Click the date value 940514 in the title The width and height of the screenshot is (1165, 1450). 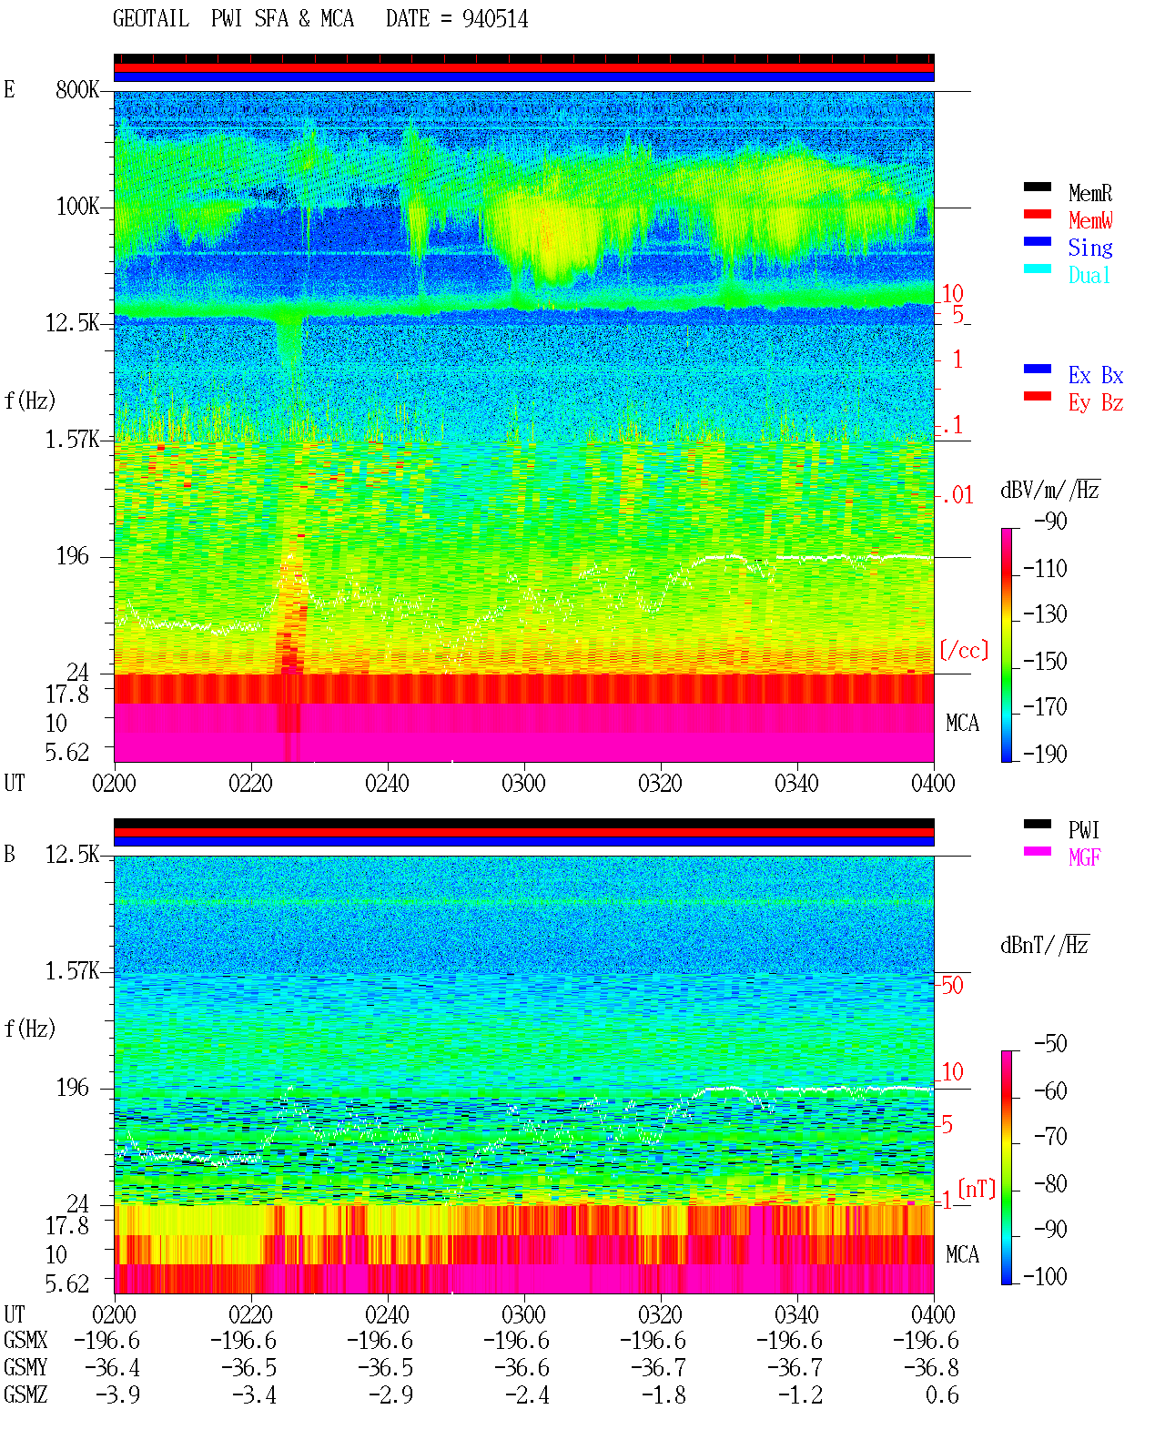pyautogui.click(x=494, y=19)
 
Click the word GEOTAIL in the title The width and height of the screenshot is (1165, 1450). pyautogui.click(x=151, y=19)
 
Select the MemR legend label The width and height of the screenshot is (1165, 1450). pyautogui.click(x=1090, y=193)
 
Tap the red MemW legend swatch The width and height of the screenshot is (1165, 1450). pyautogui.click(x=1037, y=214)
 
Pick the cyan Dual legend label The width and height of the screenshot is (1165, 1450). pyautogui.click(x=1089, y=275)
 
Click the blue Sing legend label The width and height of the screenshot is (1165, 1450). pyautogui.click(x=1090, y=248)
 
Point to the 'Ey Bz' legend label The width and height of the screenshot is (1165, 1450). pyautogui.click(x=1096, y=402)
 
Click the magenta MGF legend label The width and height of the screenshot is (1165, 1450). pyautogui.click(x=1085, y=857)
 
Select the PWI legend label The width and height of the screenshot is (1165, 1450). pyautogui.click(x=1083, y=829)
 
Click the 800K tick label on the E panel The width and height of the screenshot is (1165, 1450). pyautogui.click(x=77, y=89)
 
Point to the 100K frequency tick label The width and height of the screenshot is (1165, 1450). pyautogui.click(x=77, y=207)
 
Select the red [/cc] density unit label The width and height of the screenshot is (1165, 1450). pyautogui.click(x=964, y=650)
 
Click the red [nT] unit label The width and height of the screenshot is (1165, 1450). pyautogui.click(x=977, y=1189)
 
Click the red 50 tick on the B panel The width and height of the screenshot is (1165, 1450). pyautogui.click(x=952, y=985)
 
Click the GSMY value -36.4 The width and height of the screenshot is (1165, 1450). pyautogui.click(x=113, y=1368)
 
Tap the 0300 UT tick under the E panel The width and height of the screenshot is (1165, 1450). pyautogui.click(x=523, y=783)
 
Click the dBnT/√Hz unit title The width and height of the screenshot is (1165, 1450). pyautogui.click(x=1045, y=945)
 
